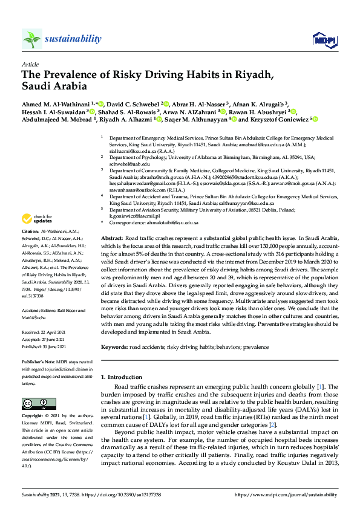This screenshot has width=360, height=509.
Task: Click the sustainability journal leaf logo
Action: (32, 39)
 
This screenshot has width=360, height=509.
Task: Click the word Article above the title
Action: (29, 63)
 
